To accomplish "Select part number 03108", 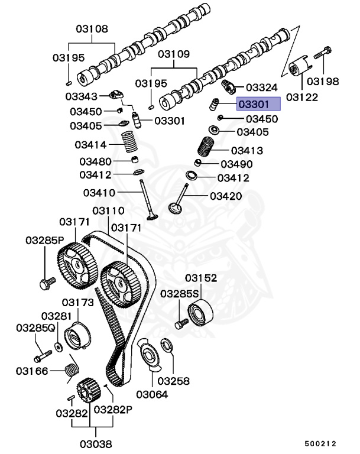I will (92, 28).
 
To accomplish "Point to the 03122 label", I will (301, 96).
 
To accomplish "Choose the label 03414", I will (90, 145).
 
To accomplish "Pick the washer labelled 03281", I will (59, 346).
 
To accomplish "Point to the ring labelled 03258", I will (167, 345).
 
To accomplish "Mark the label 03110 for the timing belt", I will (108, 211).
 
